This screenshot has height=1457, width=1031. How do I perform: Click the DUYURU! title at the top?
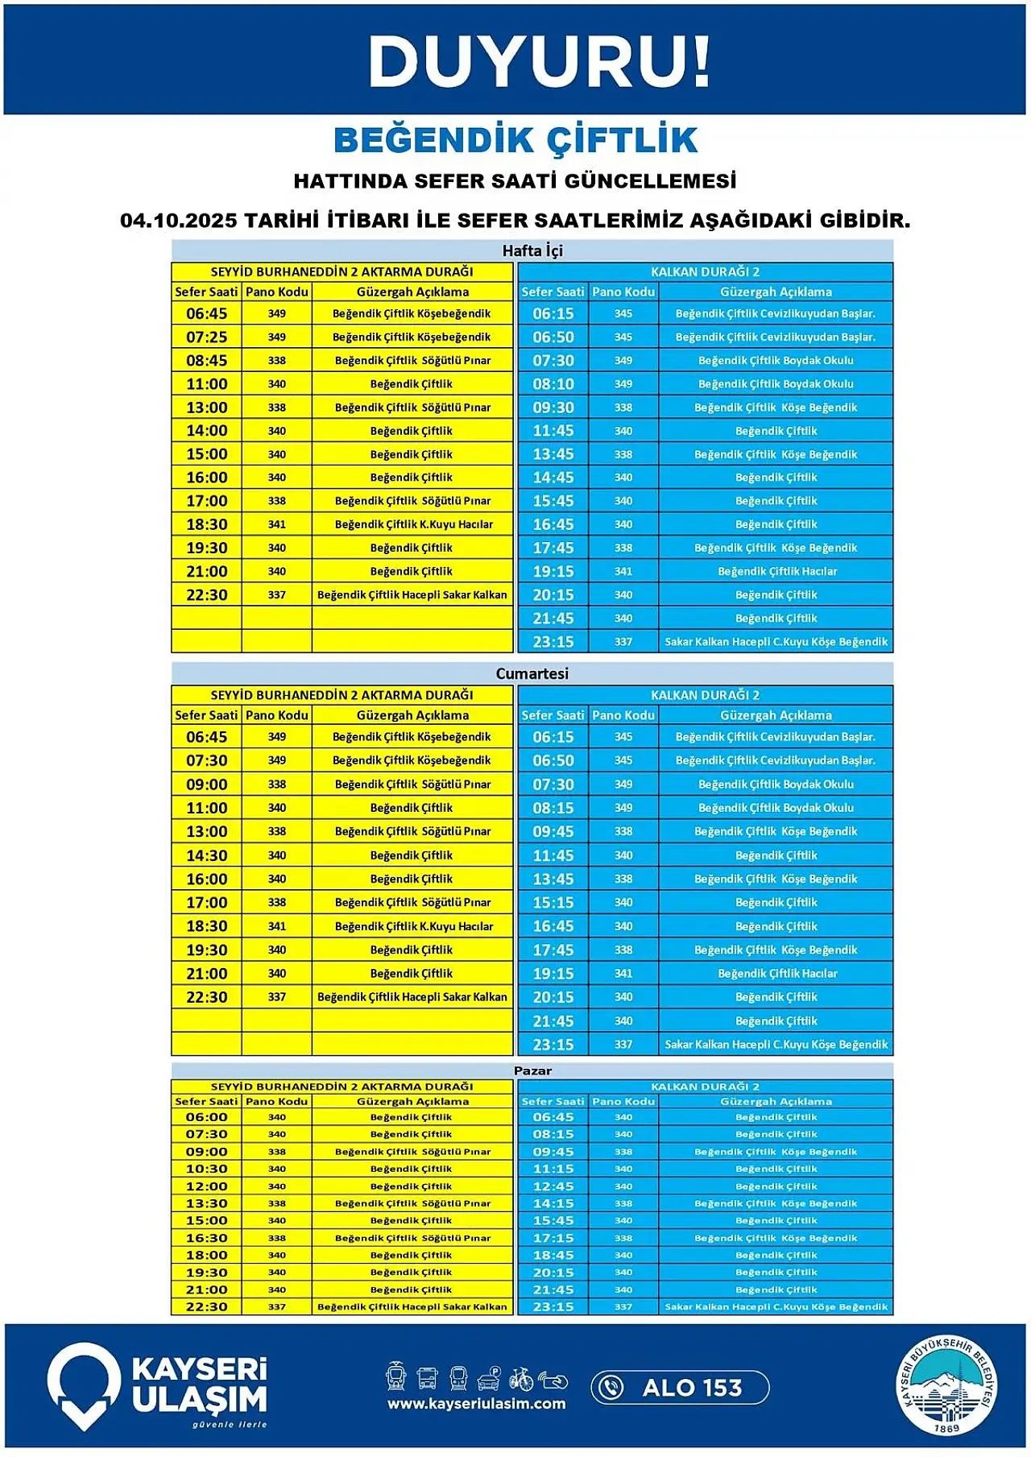point(538,62)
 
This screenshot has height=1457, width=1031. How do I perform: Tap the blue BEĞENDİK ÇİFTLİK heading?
point(515,140)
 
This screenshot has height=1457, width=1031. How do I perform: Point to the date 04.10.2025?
point(178,220)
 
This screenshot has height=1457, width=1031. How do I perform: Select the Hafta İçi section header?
point(532,250)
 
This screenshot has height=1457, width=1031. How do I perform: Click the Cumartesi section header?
point(532,673)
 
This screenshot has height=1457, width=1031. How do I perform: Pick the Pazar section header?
point(532,1070)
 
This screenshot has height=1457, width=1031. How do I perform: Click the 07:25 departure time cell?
point(207,337)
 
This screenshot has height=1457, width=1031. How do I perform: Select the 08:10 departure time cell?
point(553,384)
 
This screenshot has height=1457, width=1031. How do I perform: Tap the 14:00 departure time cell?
point(207,431)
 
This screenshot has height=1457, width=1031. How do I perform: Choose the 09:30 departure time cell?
point(553,408)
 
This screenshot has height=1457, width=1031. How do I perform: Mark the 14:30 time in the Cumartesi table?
point(207,855)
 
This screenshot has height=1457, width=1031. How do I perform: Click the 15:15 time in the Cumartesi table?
point(553,903)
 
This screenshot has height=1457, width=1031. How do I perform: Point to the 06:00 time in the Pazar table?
point(207,1117)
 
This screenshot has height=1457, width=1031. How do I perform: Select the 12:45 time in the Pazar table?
point(553,1186)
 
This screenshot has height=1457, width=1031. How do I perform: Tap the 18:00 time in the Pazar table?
point(207,1255)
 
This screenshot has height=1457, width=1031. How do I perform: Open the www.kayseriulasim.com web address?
point(476,1404)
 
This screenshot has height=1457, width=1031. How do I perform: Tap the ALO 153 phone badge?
point(680,1388)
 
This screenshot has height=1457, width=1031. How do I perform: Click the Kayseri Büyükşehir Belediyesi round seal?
point(947,1385)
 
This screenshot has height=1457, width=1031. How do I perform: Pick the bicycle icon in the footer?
point(521,1378)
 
